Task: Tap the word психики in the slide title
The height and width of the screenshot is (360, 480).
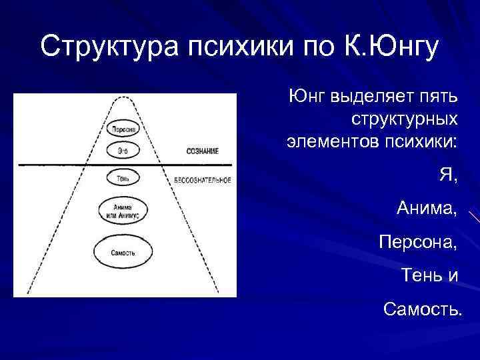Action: [241, 47]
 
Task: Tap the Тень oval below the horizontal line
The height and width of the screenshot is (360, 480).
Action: [123, 178]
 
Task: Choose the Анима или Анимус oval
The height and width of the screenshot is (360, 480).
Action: [123, 211]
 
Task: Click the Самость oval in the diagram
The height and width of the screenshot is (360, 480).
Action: [123, 253]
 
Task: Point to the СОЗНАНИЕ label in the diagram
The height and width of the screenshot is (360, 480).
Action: [202, 151]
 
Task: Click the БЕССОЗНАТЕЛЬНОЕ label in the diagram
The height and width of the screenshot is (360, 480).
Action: [203, 180]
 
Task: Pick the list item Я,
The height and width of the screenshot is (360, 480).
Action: [448, 175]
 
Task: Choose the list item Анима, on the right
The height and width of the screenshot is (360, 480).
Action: [427, 208]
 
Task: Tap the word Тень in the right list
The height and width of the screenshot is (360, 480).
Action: [422, 274]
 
